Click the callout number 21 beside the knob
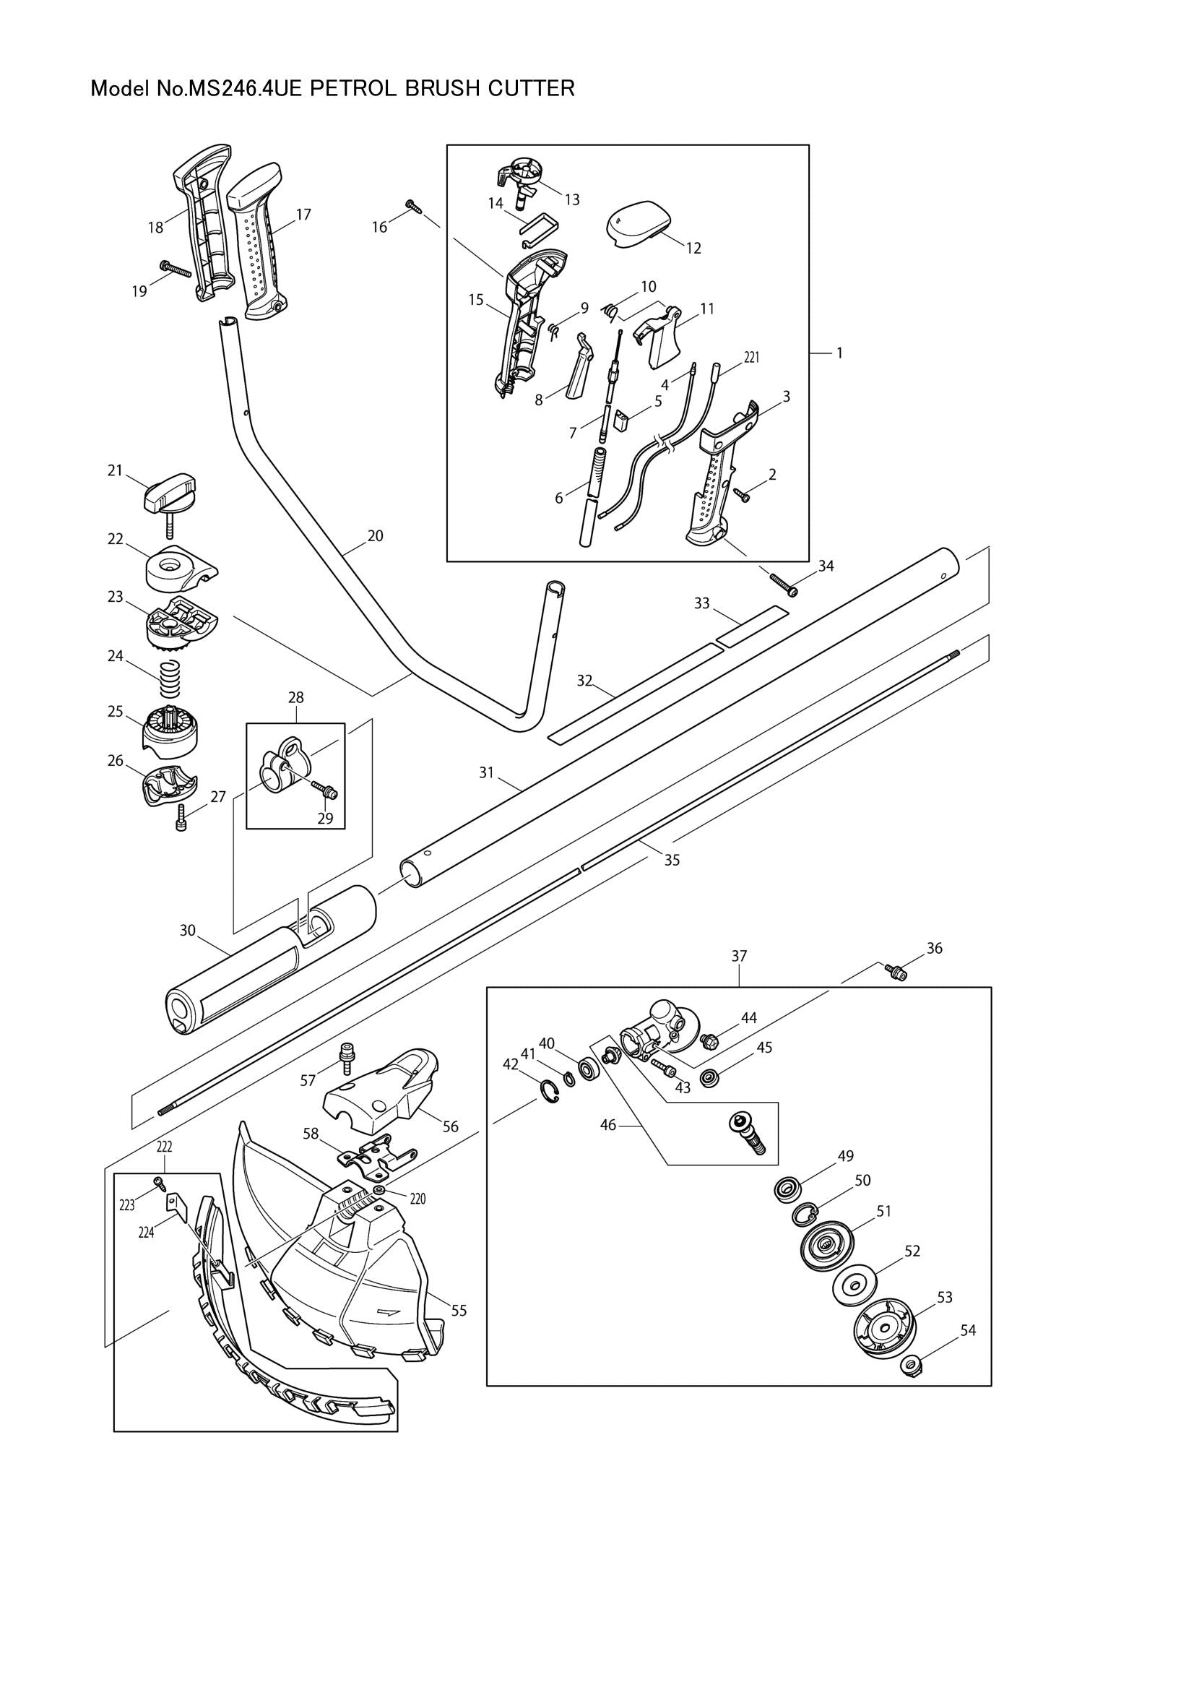115,470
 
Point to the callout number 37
739,956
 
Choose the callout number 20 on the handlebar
375,536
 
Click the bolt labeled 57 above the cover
343,1056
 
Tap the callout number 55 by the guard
459,1310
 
